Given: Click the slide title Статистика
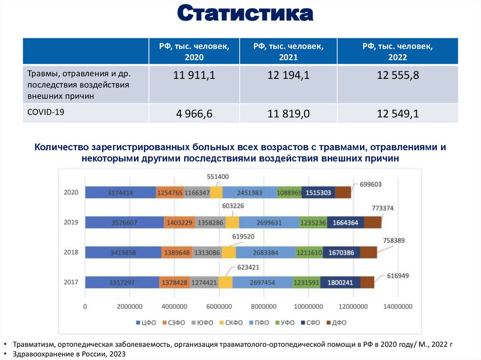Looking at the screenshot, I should point(245,14).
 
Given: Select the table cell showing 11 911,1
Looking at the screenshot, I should point(194,76).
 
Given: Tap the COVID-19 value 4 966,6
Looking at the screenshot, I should point(194,114).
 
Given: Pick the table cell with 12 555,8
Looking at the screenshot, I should point(397,76).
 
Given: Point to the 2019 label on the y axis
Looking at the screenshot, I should point(71,222).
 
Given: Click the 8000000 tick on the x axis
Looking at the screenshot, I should point(264,306).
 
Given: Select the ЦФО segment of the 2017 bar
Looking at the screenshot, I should point(122,283).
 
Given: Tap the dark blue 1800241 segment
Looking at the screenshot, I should point(341,283).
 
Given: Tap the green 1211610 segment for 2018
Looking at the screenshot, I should point(309,253).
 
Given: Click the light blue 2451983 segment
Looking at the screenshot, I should point(249,192).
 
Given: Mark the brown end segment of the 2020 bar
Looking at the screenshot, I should point(343,192).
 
